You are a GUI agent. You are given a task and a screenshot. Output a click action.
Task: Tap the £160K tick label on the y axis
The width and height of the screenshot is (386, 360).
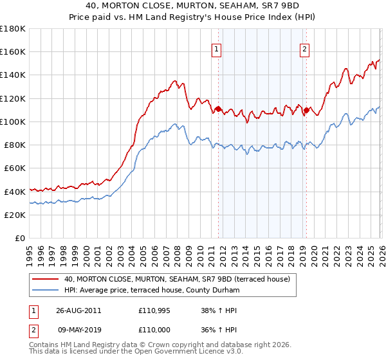[x=13, y=52]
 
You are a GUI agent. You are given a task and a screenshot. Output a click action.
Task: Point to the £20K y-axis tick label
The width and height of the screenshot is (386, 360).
[x=15, y=215]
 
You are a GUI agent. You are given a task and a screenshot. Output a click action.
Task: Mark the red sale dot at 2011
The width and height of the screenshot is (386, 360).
[x=218, y=109]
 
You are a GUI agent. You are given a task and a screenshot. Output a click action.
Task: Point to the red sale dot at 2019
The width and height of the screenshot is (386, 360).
[x=306, y=110]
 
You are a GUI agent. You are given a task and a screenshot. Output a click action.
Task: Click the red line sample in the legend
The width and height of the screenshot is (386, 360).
[x=45, y=279]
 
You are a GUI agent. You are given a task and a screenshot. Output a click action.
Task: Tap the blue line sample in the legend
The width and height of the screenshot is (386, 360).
[x=45, y=290]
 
